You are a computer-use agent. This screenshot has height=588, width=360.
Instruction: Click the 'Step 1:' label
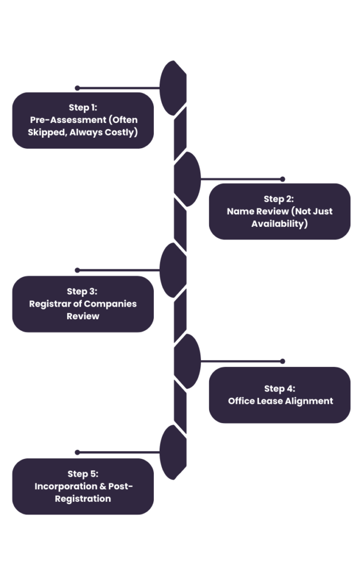pos(83,107)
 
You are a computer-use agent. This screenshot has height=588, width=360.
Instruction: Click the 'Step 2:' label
pos(279,199)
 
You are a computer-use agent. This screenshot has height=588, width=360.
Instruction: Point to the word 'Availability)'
pos(280,223)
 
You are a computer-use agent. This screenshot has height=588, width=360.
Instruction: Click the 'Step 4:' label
pos(280,389)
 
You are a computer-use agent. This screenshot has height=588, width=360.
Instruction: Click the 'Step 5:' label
pos(83,474)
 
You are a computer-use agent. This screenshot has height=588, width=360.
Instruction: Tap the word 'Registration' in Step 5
pos(83,498)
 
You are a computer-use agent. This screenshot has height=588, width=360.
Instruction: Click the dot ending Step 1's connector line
pos(77,88)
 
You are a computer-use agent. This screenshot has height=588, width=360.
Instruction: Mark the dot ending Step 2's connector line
pos(282,179)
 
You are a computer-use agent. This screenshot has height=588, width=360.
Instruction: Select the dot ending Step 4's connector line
pos(282,361)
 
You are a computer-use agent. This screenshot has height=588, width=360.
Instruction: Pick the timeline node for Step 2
pos(187,179)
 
